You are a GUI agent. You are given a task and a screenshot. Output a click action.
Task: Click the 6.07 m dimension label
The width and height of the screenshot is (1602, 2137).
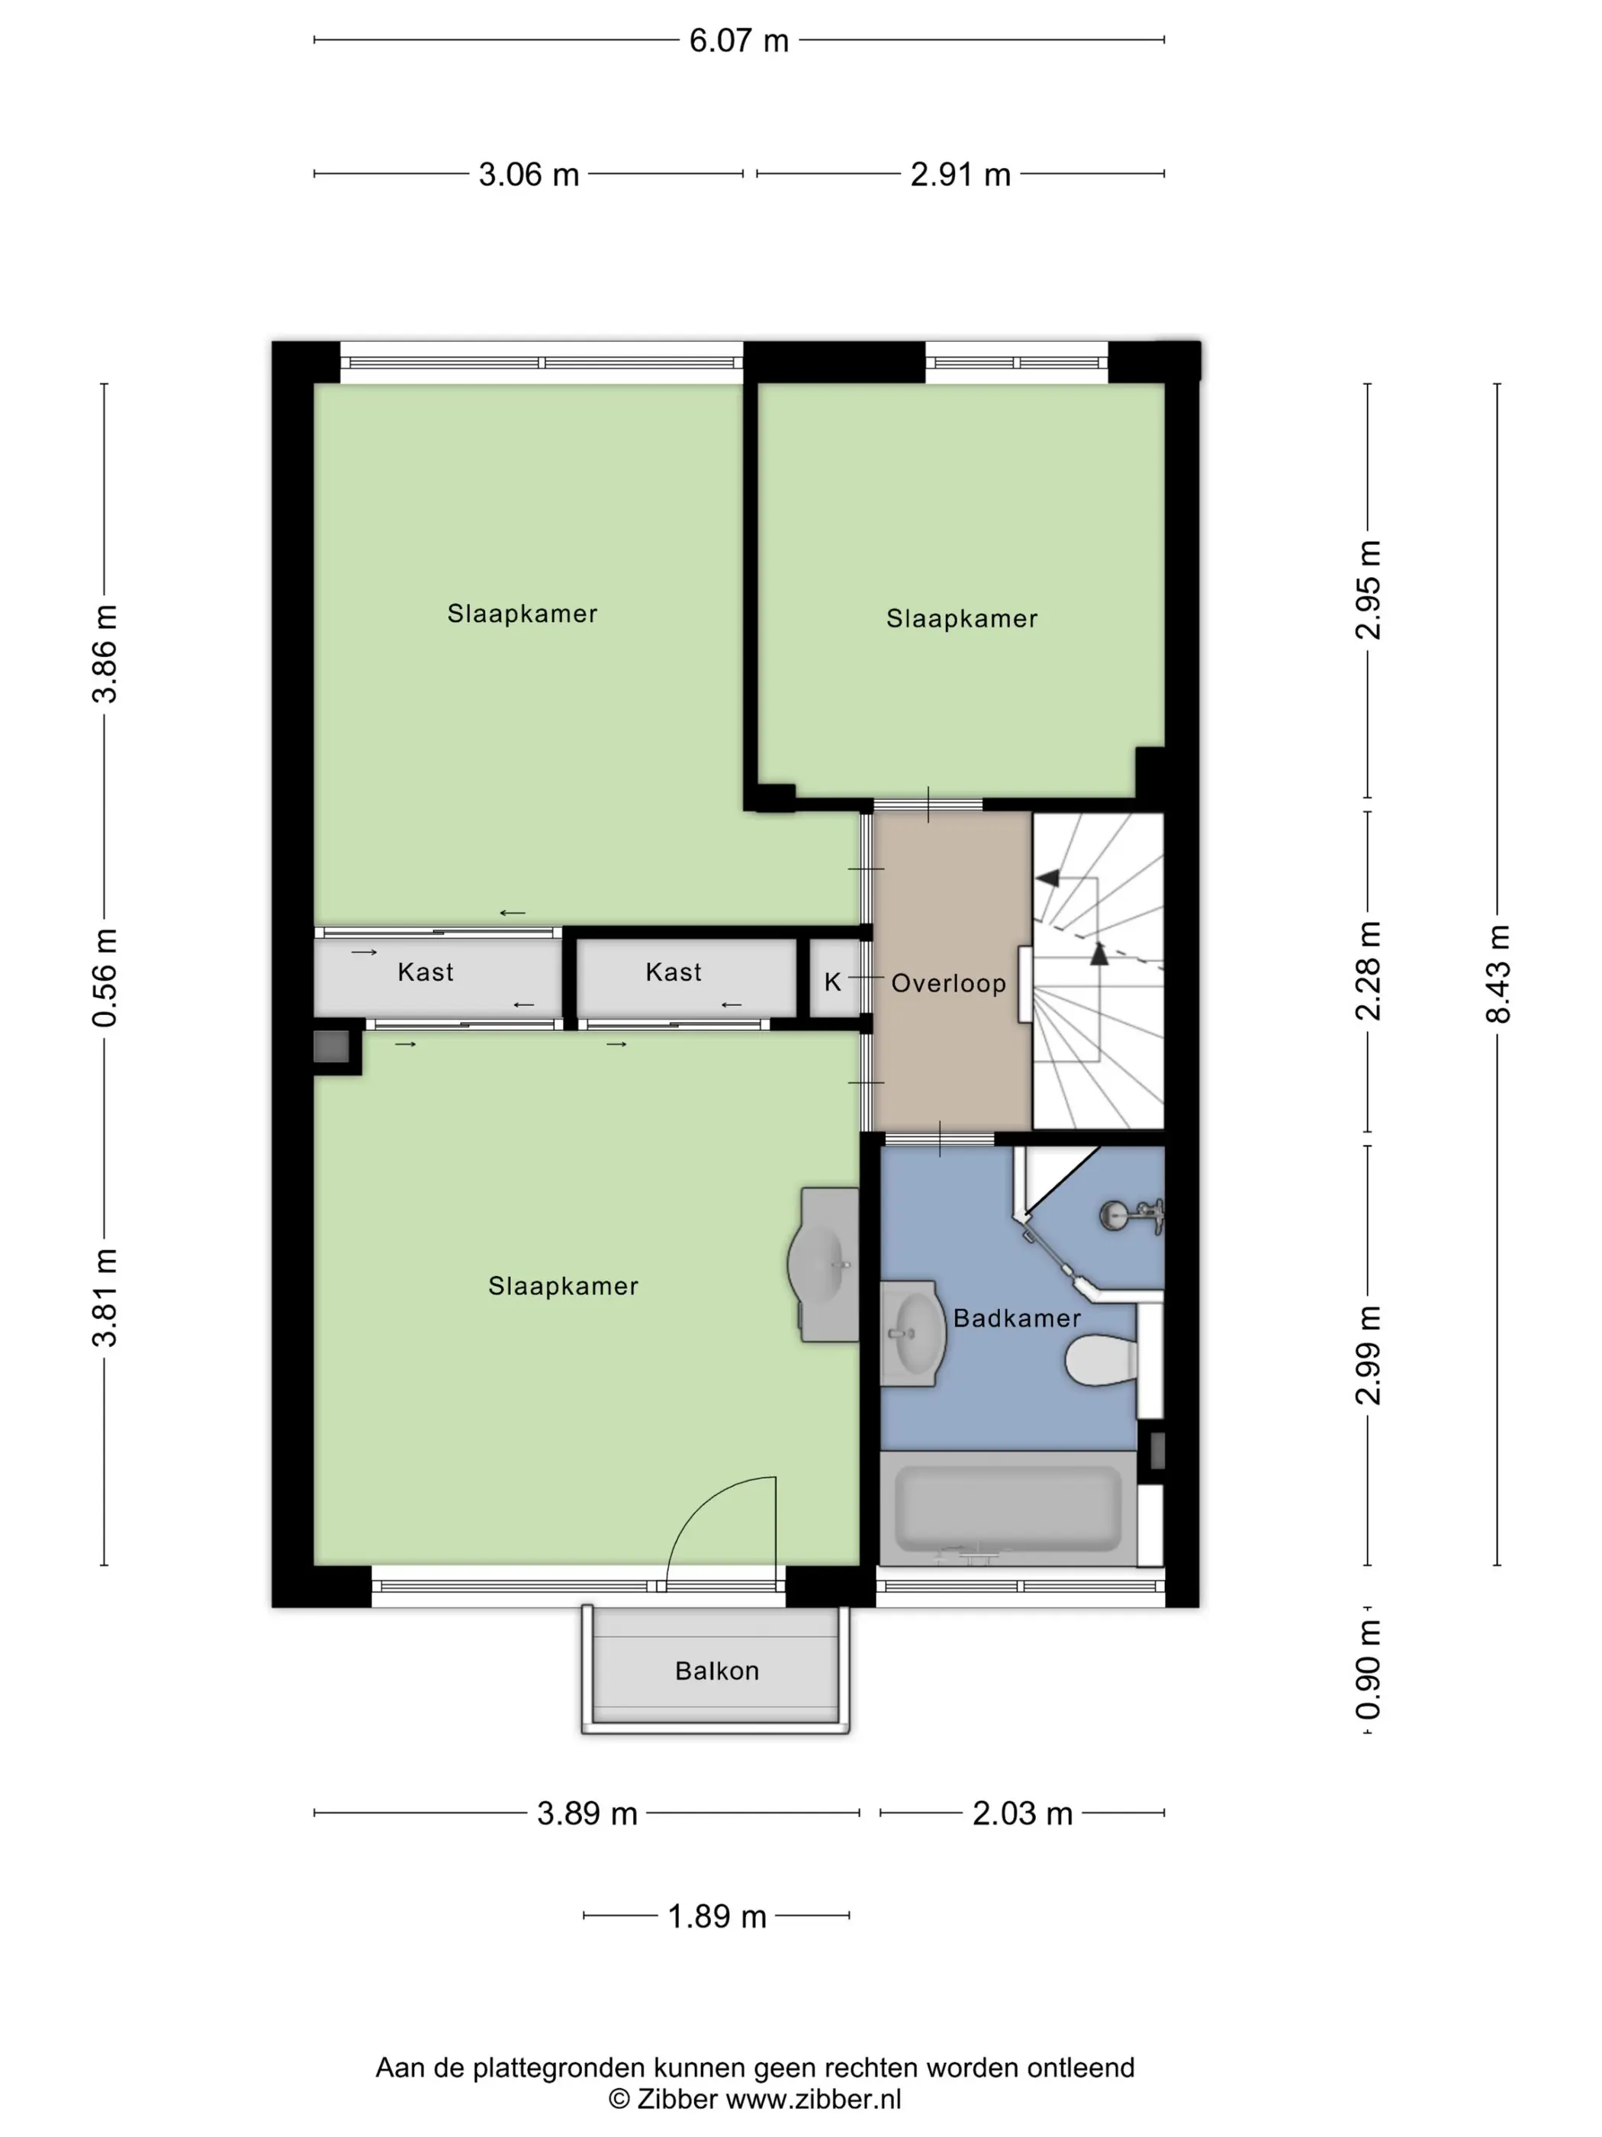(738, 40)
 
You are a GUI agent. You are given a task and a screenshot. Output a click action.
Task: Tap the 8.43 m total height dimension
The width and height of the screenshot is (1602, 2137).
(1497, 974)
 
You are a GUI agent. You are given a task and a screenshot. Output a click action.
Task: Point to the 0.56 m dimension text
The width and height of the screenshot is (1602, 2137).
(105, 978)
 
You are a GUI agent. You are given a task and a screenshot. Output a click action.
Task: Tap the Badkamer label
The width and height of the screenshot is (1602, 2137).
(1017, 1319)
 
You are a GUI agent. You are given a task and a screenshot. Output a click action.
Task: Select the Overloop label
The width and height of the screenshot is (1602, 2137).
(948, 984)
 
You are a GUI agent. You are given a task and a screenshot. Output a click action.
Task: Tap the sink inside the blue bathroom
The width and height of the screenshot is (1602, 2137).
(912, 1334)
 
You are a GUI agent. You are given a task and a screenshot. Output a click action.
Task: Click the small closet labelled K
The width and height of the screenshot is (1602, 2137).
(833, 978)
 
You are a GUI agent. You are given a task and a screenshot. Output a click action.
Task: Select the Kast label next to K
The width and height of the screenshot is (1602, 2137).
(673, 972)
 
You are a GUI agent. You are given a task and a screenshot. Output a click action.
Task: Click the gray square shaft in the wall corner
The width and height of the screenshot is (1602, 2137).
(331, 1047)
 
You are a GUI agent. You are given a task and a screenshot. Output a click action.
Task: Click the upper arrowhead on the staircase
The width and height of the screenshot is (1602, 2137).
(1047, 878)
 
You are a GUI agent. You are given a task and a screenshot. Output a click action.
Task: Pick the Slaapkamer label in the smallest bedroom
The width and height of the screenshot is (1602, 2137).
(962, 619)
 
